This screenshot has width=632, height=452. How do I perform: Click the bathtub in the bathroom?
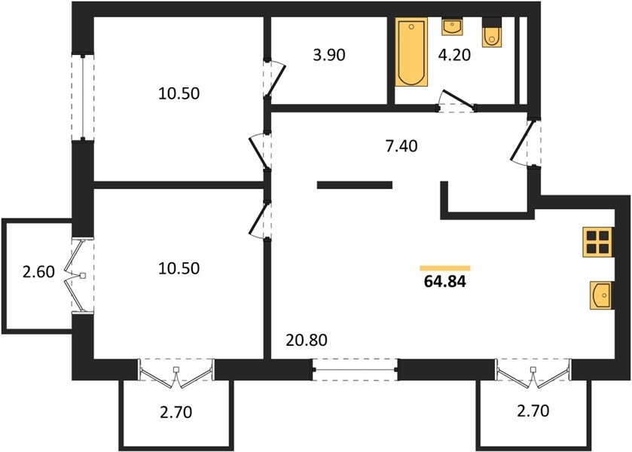coord(411,52)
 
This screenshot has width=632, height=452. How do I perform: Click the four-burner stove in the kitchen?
coord(597,242)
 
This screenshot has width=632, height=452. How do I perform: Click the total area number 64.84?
coord(444,282)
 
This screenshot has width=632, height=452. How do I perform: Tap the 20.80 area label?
coord(307,341)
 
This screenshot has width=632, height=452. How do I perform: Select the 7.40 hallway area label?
coord(401,146)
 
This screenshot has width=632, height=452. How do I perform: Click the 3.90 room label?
coord(329,55)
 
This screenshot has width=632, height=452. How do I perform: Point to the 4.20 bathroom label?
coord(454,55)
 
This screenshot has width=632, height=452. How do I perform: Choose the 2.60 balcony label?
coord(38,272)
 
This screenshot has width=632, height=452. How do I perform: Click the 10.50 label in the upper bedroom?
coord(179,93)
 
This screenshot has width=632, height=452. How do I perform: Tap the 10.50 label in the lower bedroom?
coord(179,268)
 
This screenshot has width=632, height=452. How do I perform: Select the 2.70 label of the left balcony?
coord(176,412)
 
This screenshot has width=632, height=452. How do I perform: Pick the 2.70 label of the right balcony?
coord(533,411)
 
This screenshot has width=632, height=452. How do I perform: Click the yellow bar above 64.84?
coord(445,268)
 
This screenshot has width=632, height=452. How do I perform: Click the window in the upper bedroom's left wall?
coord(83,97)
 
